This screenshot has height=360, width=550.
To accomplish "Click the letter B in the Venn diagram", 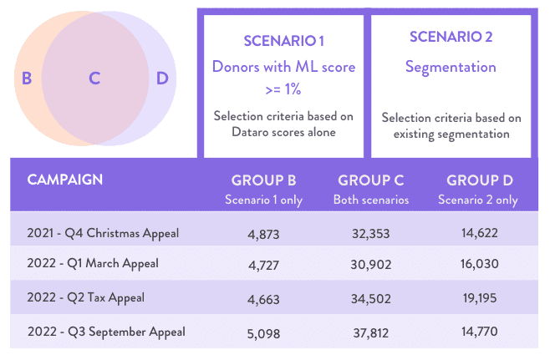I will coord(27,79).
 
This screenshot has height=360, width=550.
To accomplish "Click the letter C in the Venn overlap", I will coord(94,79).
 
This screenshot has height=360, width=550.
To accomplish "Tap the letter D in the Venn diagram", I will coord(162,79).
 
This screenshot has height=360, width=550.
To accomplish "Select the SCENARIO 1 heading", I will coord(283,40).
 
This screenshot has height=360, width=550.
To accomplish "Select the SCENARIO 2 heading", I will coord(451,38).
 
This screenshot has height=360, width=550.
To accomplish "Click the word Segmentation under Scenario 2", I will coord(451,67).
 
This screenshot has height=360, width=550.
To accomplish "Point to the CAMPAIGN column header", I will coord(65,180).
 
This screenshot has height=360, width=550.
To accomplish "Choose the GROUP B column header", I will coord(263,180).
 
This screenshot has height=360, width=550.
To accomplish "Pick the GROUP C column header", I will coord(369,180).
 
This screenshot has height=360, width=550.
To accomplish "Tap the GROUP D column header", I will coord(480,180).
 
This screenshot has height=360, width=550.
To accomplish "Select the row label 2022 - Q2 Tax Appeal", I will coord(86,298).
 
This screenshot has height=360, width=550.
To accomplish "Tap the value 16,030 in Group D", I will coord(480,266).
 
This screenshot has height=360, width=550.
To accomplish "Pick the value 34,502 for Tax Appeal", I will coord(369,298).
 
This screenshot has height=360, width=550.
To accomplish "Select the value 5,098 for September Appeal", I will coord(263,332).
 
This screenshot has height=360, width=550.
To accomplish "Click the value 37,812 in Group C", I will coord(369,332).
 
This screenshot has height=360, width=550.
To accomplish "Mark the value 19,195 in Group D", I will coord(480,298).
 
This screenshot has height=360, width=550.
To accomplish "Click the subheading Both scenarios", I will coord(369,200).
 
